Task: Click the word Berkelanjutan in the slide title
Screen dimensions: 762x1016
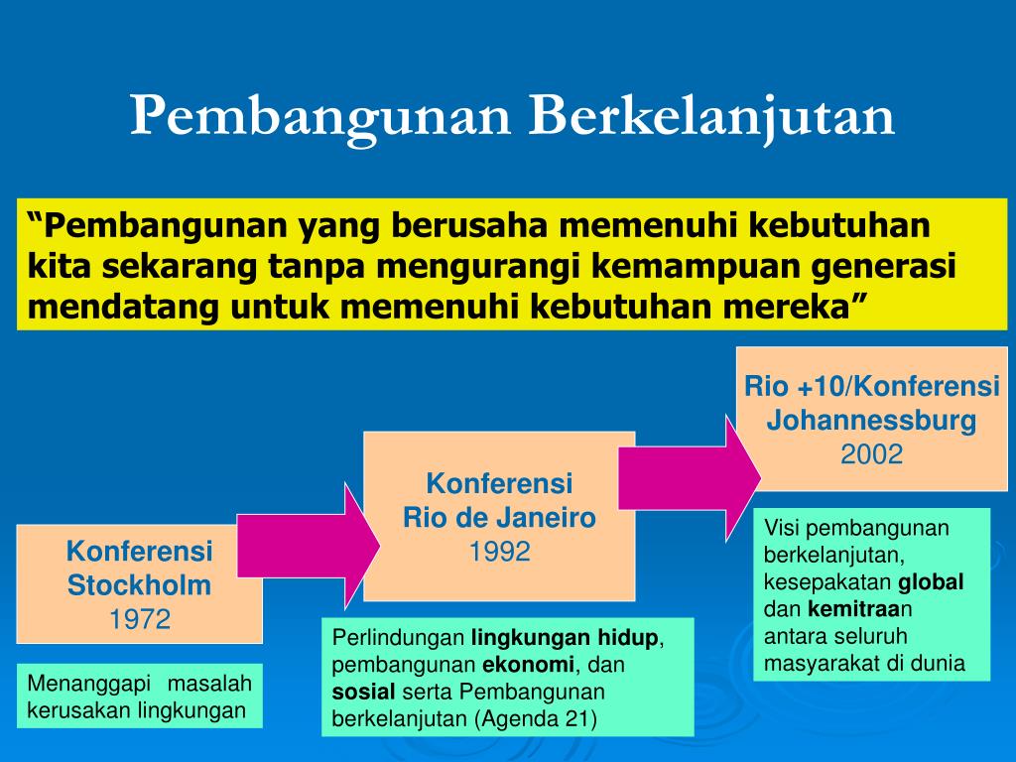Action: [710, 117]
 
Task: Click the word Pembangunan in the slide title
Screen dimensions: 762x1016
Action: [320, 117]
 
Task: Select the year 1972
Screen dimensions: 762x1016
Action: [140, 620]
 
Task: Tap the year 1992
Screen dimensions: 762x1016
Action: [500, 551]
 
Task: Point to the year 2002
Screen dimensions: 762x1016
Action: [872, 454]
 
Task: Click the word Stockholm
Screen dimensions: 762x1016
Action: [140, 585]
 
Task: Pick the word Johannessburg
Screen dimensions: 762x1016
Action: [872, 421]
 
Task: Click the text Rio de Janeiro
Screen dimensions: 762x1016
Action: [500, 517]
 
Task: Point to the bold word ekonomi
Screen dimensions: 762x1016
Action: [529, 665]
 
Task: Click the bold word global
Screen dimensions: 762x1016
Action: [932, 581]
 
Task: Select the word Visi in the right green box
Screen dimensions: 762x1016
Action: [780, 528]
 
